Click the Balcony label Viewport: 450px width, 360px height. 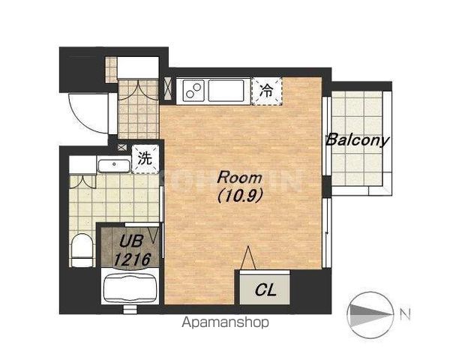point(358,140)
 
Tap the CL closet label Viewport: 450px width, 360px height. point(265,289)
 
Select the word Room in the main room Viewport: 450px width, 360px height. point(240,178)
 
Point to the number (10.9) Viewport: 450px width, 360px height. point(240,196)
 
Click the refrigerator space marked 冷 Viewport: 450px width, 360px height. point(267,91)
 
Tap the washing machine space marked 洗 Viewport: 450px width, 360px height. point(145,158)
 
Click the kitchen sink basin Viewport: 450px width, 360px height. point(226,91)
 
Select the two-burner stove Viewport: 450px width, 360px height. point(193,91)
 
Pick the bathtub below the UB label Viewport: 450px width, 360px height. point(130,288)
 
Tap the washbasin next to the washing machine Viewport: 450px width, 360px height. point(114,166)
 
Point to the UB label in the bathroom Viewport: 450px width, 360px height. point(130,241)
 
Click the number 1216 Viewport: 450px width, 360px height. point(132,259)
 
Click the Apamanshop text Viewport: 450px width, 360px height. point(226,322)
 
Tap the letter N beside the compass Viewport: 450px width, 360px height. point(405,314)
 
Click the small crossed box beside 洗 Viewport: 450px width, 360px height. point(122,147)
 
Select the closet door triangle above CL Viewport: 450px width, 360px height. point(248,258)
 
